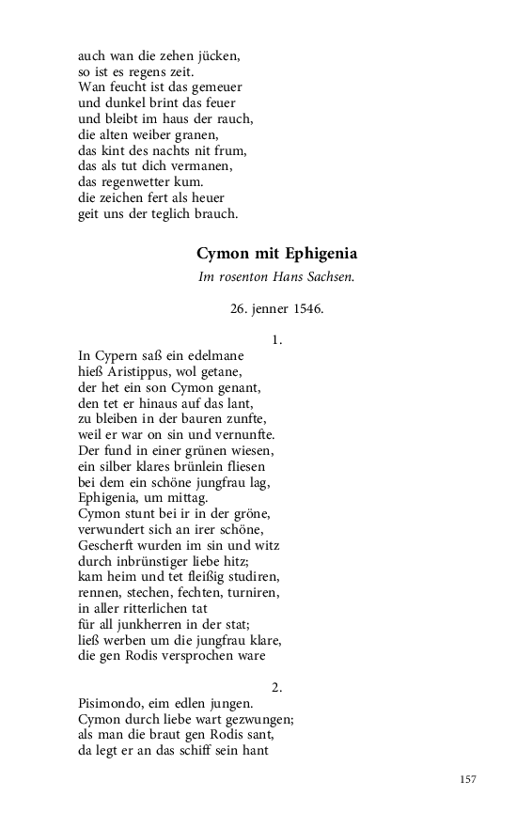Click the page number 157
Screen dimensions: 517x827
pyautogui.click(x=469, y=779)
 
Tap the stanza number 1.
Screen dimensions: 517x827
pyautogui.click(x=276, y=340)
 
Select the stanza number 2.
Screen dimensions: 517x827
pyautogui.click(x=276, y=687)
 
